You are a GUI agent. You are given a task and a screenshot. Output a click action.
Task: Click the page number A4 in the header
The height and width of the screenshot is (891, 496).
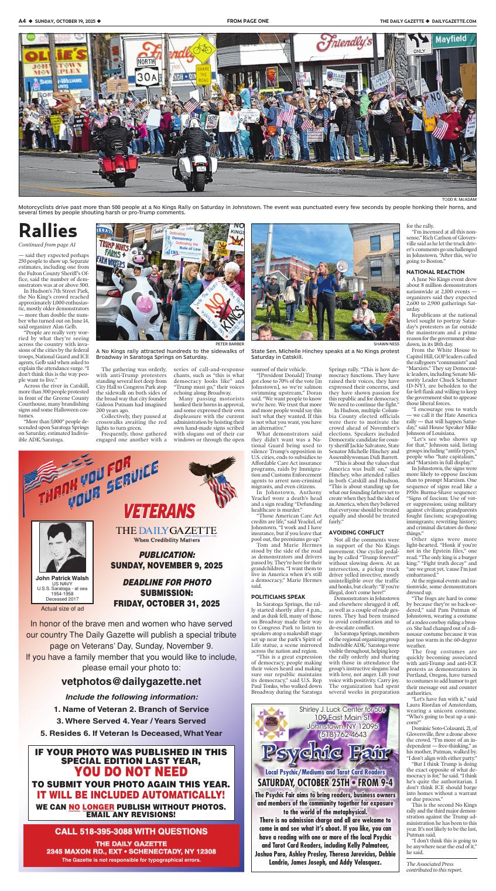pos(23,21)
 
